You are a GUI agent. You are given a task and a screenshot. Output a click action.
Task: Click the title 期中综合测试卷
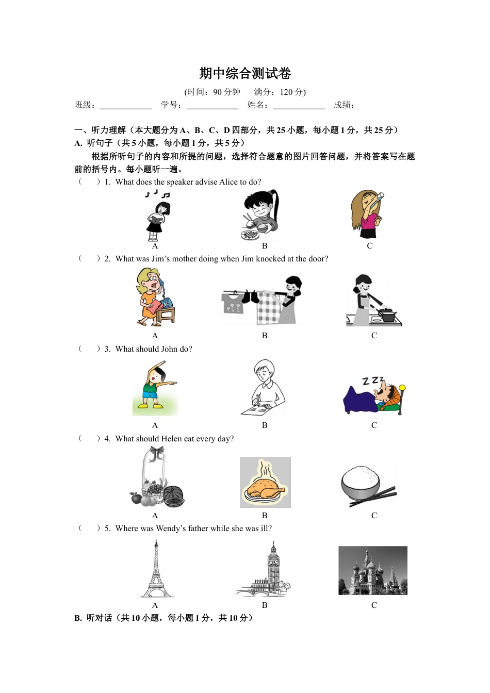[245, 74]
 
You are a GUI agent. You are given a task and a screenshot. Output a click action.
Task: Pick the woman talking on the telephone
[155, 298]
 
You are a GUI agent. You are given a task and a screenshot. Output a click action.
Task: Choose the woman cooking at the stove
[373, 300]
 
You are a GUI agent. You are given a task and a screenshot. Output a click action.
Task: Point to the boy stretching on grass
[155, 388]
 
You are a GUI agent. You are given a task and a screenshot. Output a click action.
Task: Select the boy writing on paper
[264, 388]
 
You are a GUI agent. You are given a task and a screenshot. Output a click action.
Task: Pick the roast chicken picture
[265, 483]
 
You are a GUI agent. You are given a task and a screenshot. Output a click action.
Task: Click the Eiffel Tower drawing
[156, 569]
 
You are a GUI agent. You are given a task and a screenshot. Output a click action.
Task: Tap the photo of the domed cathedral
[372, 570]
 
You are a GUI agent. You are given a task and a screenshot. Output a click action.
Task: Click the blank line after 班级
[126, 106]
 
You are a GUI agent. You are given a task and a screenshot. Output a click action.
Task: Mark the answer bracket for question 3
[89, 349]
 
